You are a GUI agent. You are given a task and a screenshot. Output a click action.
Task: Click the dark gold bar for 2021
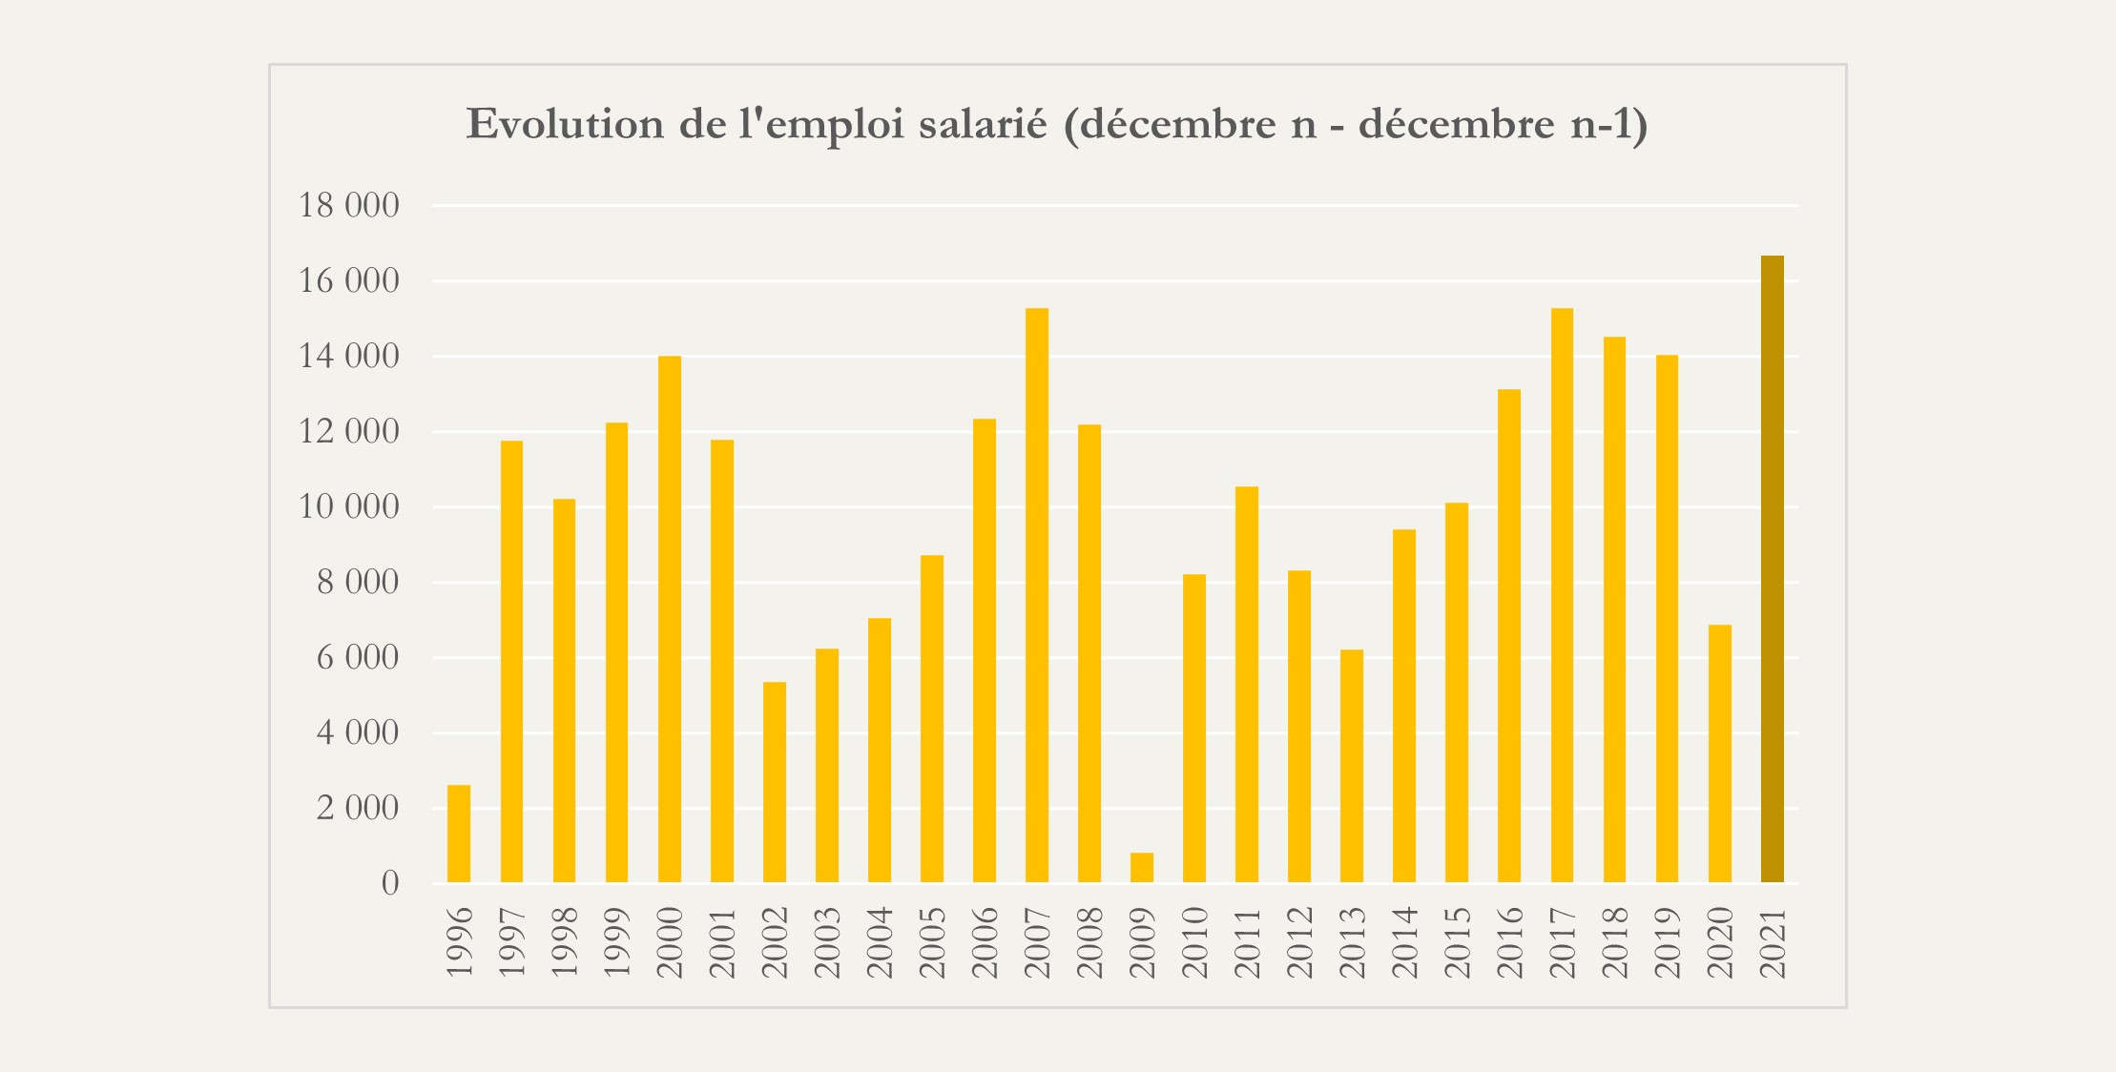tap(1772, 569)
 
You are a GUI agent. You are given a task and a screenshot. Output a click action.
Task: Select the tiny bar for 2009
tap(1141, 868)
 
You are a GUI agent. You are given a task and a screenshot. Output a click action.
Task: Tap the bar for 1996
tap(459, 834)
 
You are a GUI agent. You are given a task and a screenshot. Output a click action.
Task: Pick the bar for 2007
tap(1036, 595)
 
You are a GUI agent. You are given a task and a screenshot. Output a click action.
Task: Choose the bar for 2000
tap(669, 619)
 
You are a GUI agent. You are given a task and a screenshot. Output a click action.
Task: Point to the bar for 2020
tap(1719, 753)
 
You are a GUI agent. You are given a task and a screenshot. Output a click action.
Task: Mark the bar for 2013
tap(1351, 766)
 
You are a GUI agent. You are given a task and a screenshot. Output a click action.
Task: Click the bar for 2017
tap(1562, 595)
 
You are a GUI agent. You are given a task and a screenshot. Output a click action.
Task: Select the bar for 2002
tap(774, 782)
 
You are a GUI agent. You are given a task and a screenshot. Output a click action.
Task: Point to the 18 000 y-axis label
tap(349, 205)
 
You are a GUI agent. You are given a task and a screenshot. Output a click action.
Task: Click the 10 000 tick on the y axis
tap(349, 506)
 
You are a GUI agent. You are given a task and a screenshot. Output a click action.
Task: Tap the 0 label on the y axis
tap(390, 883)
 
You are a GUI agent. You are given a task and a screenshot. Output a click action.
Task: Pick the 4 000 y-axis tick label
tap(358, 732)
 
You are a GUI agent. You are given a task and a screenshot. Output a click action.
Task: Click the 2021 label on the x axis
tap(1773, 942)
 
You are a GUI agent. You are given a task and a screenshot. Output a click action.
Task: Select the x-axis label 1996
tap(460, 942)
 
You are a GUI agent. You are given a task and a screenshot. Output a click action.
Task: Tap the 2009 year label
tap(1142, 942)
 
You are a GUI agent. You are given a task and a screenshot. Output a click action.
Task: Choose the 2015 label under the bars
tap(1457, 942)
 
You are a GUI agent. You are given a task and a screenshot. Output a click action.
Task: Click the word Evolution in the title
tap(565, 125)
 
